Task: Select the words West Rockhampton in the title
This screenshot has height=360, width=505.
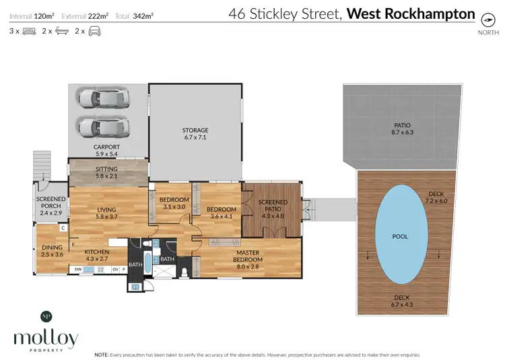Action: pos(411,13)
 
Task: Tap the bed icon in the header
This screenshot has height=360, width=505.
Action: pos(29,31)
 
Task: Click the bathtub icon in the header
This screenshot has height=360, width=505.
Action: pos(61,31)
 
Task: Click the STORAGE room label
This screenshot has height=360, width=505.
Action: pos(195,134)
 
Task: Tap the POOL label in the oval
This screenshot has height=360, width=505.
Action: pos(400,237)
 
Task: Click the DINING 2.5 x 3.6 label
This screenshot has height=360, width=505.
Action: pos(51,251)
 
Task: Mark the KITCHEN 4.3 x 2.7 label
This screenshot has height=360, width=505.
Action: pos(96,254)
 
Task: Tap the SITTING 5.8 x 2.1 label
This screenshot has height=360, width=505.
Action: pos(106,173)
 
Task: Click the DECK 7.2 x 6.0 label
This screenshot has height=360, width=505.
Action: pos(436,197)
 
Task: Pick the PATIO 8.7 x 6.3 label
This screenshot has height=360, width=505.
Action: pos(402,129)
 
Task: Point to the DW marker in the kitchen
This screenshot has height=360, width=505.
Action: pos(79,270)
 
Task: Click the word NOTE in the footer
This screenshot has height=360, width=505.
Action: pos(102,354)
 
